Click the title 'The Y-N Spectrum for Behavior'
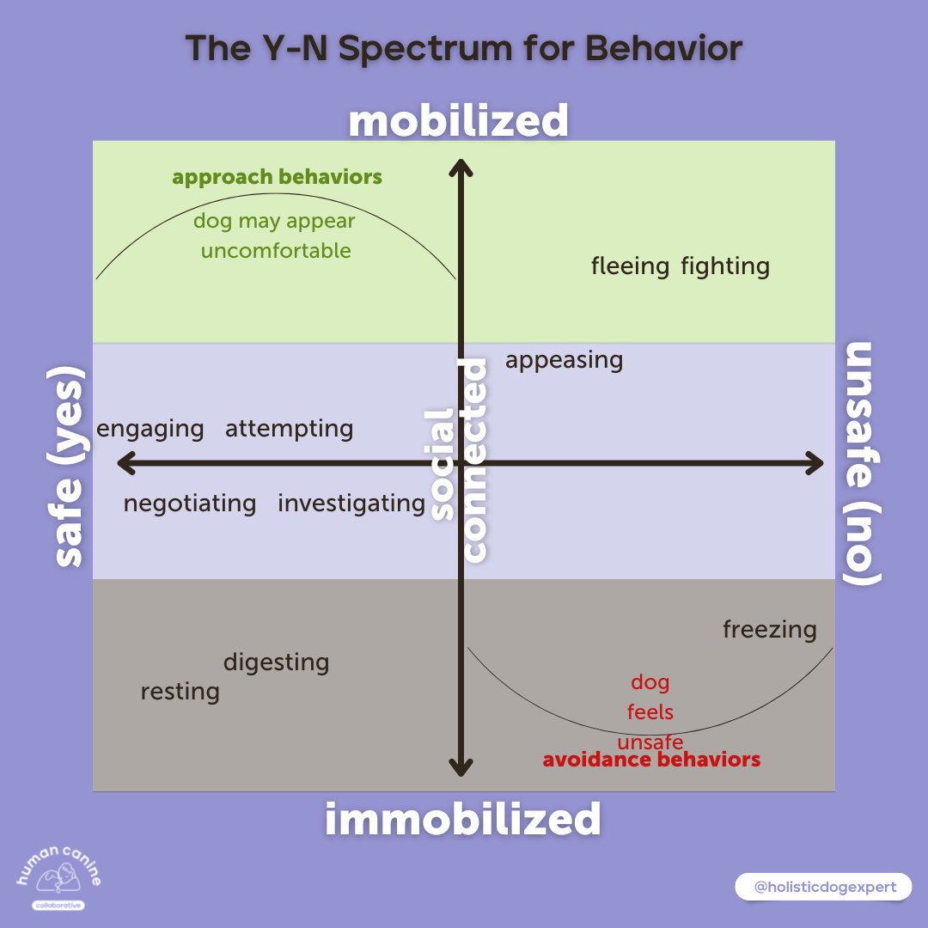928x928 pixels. tap(464, 49)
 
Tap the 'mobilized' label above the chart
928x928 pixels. tap(458, 121)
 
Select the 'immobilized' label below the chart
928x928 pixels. tap(462, 820)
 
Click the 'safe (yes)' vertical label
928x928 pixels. tap(69, 467)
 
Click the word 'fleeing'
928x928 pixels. tap(630, 266)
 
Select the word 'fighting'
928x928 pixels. tap(725, 266)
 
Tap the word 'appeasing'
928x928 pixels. tap(564, 360)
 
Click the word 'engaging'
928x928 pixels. tap(150, 429)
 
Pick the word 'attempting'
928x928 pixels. tap(289, 429)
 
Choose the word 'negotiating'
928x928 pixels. tap(190, 504)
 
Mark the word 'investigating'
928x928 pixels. tap(351, 504)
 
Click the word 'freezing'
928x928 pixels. tap(769, 630)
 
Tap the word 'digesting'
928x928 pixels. tap(276, 662)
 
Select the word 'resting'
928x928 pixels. tap(180, 692)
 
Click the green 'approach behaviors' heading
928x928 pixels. tap(277, 178)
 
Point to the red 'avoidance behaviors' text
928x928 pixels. tap(651, 760)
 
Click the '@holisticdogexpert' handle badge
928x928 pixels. tap(822, 886)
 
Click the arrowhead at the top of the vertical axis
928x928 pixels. tap(462, 167)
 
